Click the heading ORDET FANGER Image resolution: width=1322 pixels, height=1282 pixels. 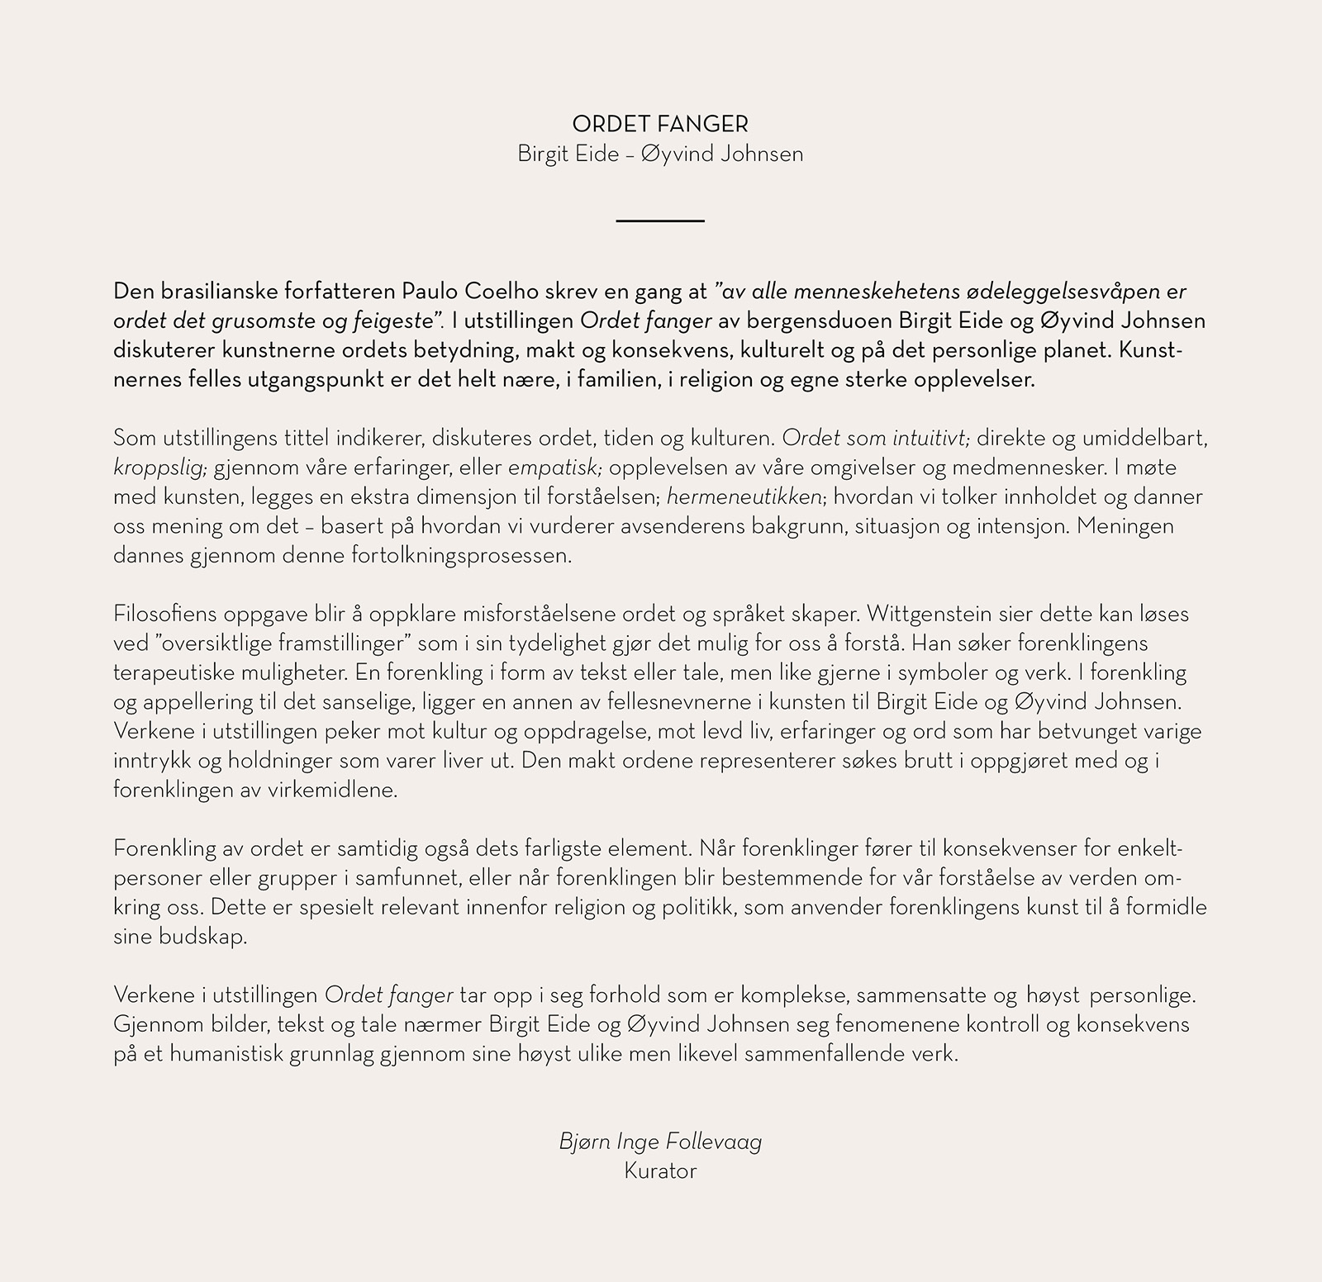tap(660, 125)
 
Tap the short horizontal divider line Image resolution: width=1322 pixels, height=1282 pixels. tap(660, 221)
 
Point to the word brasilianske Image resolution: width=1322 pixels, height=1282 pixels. tap(208, 292)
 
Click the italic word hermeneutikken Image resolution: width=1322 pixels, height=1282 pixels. tap(744, 497)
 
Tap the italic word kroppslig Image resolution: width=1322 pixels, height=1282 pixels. tap(159, 468)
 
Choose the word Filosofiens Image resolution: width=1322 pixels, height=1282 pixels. tap(165, 615)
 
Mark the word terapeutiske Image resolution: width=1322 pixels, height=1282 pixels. tap(169, 673)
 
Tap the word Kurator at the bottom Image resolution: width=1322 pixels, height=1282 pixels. tap(660, 1171)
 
